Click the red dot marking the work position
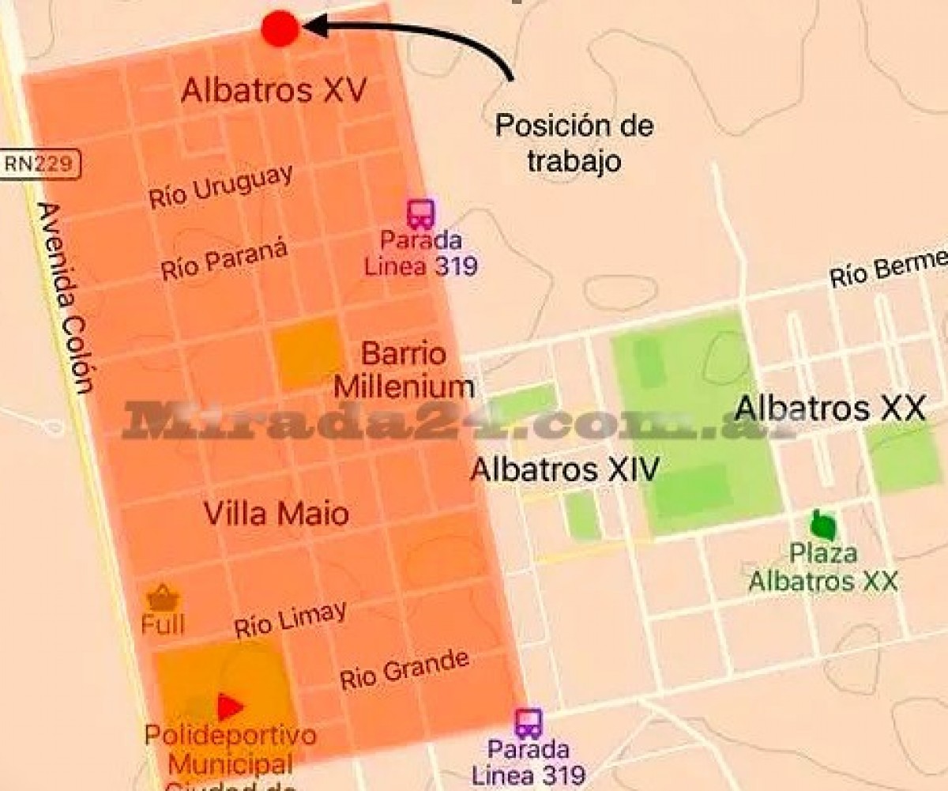280,28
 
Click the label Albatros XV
273,91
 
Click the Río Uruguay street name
220,187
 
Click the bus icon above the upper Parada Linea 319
421,213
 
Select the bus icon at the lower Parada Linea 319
529,723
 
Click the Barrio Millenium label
404,370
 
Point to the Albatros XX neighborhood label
829,409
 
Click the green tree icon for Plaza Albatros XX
823,524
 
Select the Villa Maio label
276,514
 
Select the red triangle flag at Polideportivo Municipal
229,706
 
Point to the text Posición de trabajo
574,143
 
